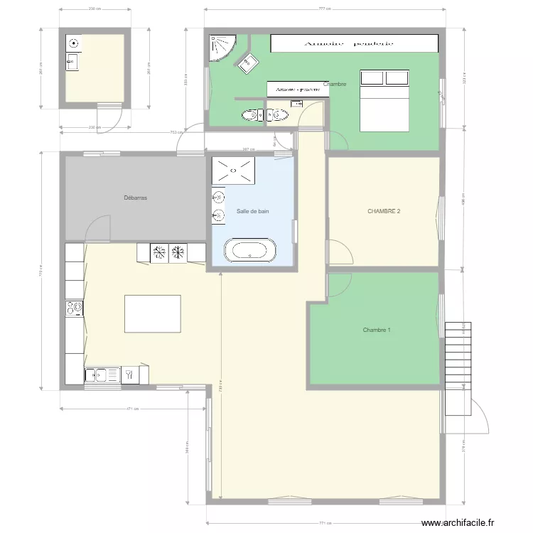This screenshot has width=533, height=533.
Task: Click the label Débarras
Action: (135, 198)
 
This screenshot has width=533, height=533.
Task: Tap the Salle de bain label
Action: (253, 212)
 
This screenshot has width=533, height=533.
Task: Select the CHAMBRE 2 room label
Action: (384, 212)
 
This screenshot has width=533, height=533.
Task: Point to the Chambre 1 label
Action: (377, 330)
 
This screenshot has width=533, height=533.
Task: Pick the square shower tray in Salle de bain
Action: (233, 170)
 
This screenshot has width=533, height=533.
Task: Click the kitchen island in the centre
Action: (152, 314)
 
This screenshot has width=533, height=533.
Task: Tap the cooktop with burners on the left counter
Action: (74, 308)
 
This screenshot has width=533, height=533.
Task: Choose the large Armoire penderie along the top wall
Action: (353, 43)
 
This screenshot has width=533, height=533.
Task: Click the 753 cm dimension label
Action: (173, 131)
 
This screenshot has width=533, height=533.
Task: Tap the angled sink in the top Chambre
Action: (248, 63)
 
